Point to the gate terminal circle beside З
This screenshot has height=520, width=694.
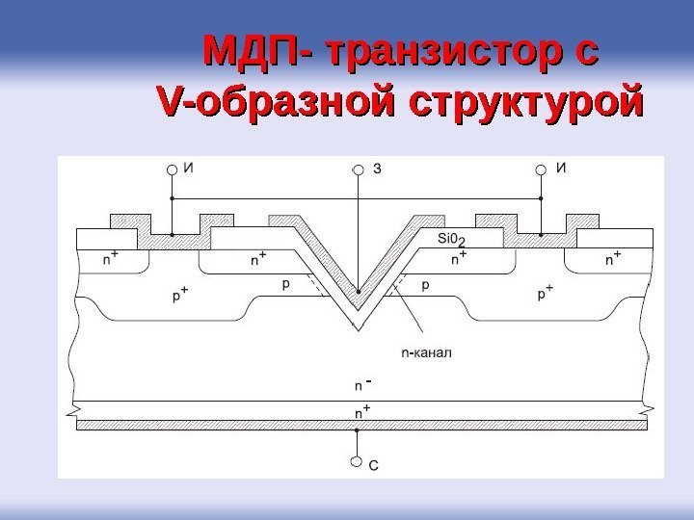click(x=359, y=169)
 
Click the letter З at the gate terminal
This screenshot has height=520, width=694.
click(x=378, y=169)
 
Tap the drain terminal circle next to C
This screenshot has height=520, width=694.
click(x=359, y=461)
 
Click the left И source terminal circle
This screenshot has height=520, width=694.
click(x=172, y=169)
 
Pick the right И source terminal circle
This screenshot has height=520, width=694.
click(x=542, y=169)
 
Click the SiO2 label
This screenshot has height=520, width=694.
click(x=451, y=239)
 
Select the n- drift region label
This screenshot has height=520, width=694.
click(x=362, y=385)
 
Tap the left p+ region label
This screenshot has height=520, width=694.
click(x=180, y=295)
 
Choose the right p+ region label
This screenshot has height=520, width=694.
click(x=546, y=295)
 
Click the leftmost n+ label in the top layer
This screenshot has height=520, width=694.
click(x=112, y=259)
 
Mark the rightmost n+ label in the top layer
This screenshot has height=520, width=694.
click(x=612, y=258)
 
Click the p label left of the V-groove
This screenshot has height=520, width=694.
click(x=285, y=285)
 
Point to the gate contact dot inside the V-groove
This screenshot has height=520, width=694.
click(x=359, y=292)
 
